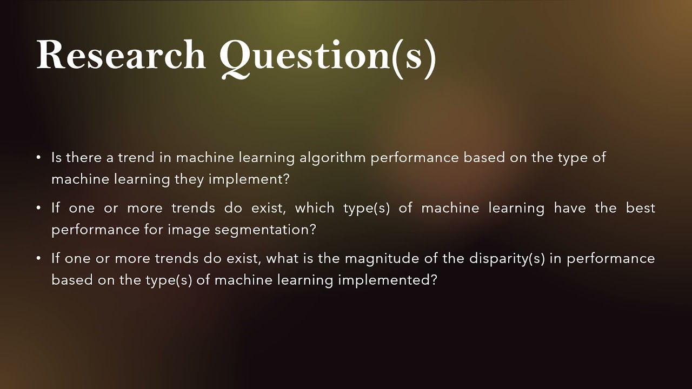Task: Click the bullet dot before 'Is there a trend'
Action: click(39, 158)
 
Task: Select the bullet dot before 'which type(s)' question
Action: click(39, 208)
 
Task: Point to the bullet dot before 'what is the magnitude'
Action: click(39, 258)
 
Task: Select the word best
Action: click(641, 208)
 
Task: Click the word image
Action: click(189, 230)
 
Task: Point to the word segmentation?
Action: click(265, 230)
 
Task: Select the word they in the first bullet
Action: click(189, 179)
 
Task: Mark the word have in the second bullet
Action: click(570, 208)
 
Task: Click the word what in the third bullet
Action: click(282, 258)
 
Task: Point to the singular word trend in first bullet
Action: click(136, 158)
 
